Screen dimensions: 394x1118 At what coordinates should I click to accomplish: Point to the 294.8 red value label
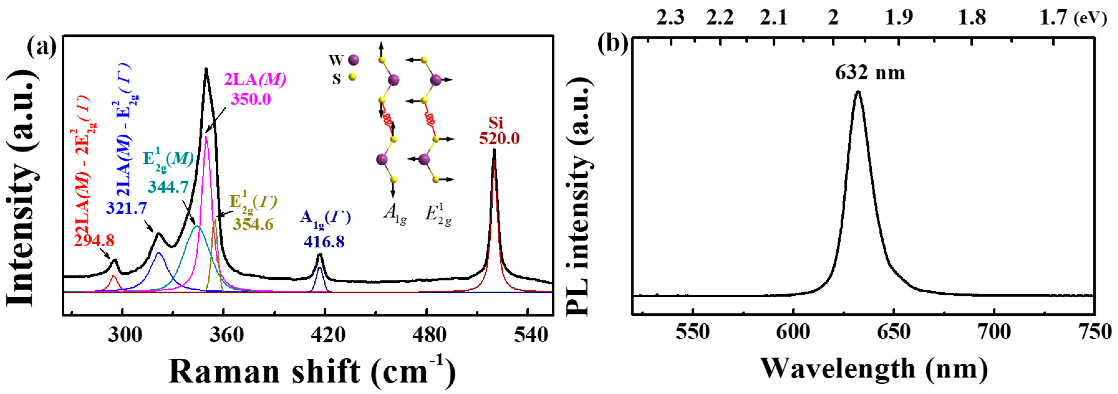pos(94,241)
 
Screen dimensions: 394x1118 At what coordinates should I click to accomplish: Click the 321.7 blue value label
pos(126,208)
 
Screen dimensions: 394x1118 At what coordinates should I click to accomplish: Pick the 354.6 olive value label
pos(253,224)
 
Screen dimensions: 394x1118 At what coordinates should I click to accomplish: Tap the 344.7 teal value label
pos(168,187)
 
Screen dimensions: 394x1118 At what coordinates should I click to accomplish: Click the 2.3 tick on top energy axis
pos(670,18)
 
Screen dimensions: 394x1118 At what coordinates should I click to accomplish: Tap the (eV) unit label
pos(1090,19)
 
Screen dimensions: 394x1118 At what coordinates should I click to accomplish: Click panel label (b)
pos(612,43)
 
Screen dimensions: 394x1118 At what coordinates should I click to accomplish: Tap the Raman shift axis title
pos(312,371)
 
